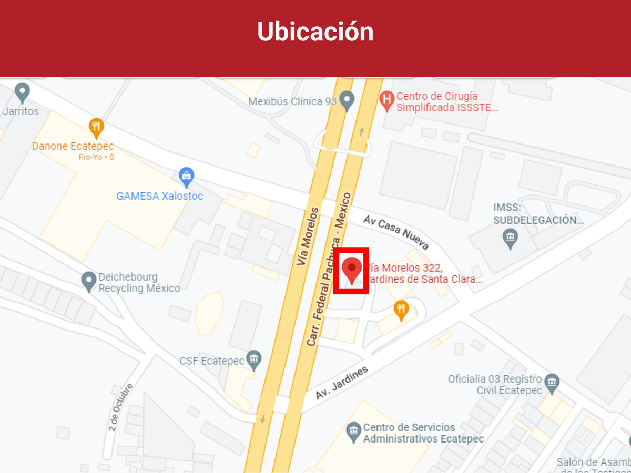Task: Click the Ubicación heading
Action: (315, 32)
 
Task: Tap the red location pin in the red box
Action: (352, 270)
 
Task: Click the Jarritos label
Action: (21, 111)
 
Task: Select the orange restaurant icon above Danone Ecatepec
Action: (96, 127)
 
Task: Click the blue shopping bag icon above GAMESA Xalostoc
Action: (187, 177)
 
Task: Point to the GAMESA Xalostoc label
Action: (160, 196)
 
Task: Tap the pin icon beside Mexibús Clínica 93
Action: (347, 100)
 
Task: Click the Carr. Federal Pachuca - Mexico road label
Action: (329, 270)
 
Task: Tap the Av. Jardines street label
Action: (342, 383)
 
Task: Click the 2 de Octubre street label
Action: (121, 407)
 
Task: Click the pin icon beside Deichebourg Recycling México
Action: (89, 281)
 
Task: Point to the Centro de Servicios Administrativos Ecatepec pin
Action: (353, 432)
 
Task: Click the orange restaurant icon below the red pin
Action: (401, 310)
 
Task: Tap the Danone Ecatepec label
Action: (73, 147)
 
